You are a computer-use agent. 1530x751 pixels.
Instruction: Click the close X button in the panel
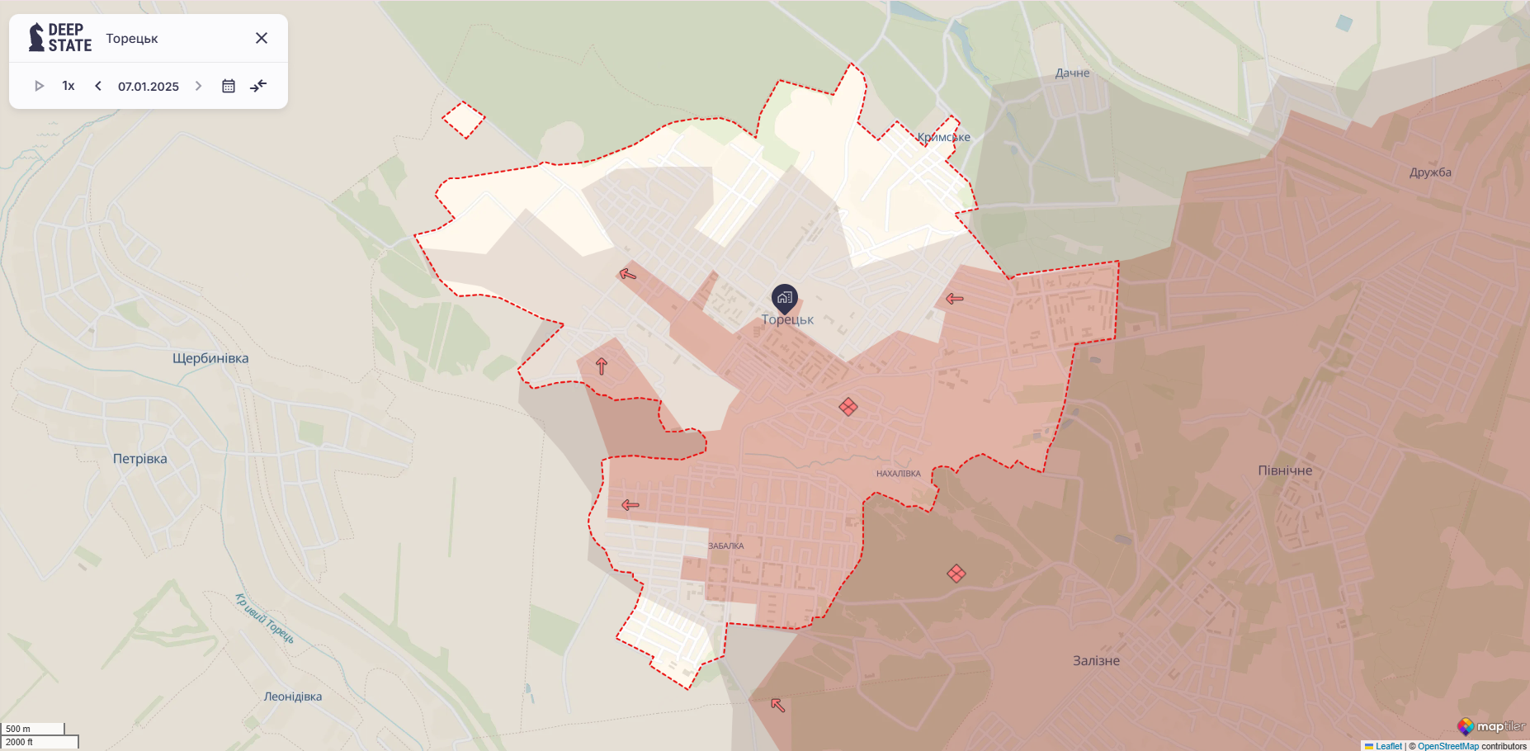pos(262,38)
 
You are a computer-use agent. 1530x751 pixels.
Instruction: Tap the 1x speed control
pos(68,86)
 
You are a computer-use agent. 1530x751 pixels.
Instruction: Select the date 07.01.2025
pos(149,87)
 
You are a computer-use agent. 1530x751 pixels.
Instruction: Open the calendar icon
pos(229,86)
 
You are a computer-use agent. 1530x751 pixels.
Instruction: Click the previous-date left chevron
pos(98,86)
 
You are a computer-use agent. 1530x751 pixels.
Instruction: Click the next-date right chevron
pos(198,86)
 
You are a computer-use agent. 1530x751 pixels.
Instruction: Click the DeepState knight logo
pos(36,37)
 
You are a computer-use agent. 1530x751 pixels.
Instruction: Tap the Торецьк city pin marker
pos(784,298)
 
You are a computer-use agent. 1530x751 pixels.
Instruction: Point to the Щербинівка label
pos(210,358)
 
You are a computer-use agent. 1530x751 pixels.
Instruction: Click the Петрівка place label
pos(140,459)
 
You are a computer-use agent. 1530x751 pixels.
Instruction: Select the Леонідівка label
pos(293,697)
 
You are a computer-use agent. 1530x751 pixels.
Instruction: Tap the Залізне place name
pos(1096,660)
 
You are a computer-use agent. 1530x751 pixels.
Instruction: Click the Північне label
pos(1285,470)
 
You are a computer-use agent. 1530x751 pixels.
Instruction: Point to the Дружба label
pos(1430,172)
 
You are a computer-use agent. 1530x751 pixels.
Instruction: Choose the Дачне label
pos(1072,73)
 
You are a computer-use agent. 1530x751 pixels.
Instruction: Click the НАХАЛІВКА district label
pos(898,474)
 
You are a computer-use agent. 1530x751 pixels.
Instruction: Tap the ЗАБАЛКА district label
pos(726,546)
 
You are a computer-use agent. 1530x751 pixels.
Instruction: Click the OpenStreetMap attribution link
pos(1448,746)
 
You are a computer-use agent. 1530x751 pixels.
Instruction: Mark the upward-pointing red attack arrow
pos(602,366)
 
